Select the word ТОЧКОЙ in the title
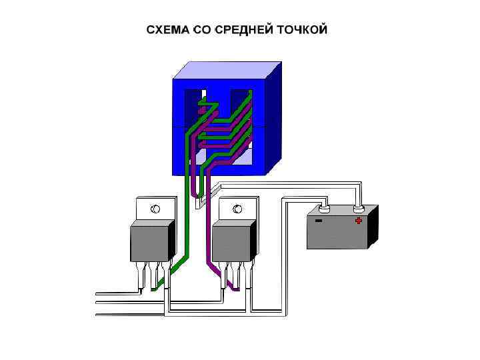(x=305, y=31)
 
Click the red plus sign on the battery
(x=359, y=220)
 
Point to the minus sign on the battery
(x=318, y=220)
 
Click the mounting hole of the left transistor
(x=155, y=210)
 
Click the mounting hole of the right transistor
(x=237, y=210)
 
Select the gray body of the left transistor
(x=150, y=243)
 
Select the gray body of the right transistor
(x=232, y=243)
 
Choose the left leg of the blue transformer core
(x=179, y=127)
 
